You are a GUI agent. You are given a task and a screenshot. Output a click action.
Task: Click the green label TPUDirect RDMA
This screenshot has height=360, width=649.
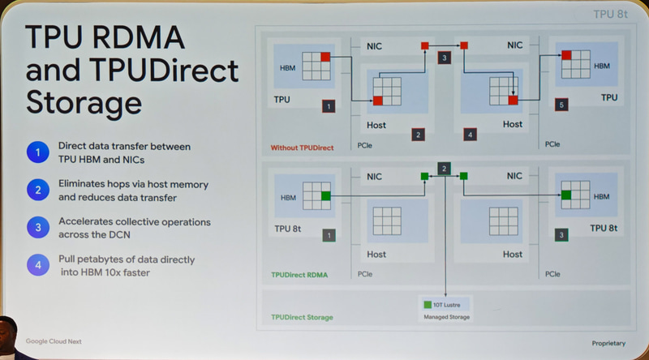pyautogui.click(x=299, y=276)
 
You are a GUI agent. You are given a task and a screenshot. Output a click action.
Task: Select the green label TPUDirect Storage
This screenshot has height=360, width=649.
pyautogui.click(x=302, y=317)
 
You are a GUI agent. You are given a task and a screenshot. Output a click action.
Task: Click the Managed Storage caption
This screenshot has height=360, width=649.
pyautogui.click(x=446, y=317)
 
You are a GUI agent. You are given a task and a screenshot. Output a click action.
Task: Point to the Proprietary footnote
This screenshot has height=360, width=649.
pyautogui.click(x=609, y=343)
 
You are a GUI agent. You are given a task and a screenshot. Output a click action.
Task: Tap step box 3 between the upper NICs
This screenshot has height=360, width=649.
pyautogui.click(x=444, y=58)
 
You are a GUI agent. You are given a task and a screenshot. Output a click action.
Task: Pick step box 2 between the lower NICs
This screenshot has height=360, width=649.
pyautogui.click(x=444, y=169)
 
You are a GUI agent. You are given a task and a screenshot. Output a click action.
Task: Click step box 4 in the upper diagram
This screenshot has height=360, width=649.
pyautogui.click(x=471, y=134)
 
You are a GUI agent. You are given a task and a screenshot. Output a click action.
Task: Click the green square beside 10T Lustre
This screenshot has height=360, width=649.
pyautogui.click(x=428, y=305)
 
